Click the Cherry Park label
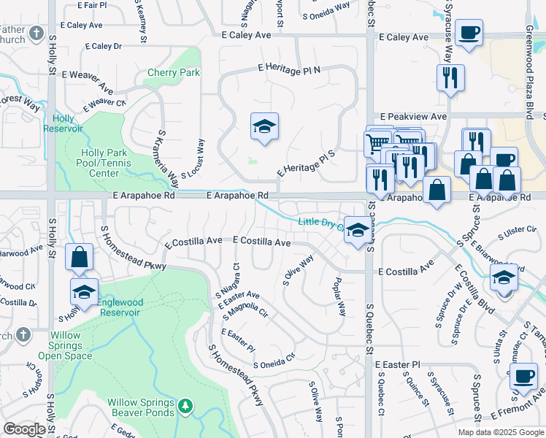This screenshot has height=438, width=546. [174, 73]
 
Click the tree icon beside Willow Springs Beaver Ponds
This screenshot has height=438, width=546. [185, 404]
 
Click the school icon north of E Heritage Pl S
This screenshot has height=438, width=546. [264, 126]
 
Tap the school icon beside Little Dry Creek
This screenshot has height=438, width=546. [355, 231]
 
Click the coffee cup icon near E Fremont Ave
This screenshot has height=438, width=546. [523, 376]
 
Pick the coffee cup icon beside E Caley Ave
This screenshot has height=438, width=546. [469, 33]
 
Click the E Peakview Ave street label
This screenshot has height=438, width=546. [414, 117]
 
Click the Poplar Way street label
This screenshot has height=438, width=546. [339, 296]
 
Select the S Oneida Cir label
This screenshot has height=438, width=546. [274, 361]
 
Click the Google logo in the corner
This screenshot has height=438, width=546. [24, 429]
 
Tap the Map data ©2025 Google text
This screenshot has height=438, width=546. [500, 432]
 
